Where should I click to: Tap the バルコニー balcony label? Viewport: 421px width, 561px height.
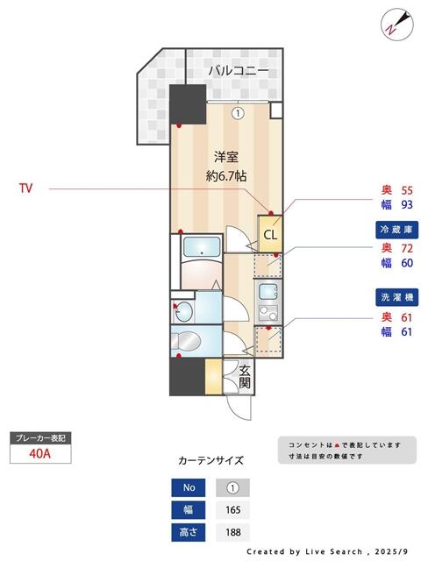(238, 70)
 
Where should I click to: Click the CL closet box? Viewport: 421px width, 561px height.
(270, 234)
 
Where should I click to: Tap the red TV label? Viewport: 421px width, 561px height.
(26, 188)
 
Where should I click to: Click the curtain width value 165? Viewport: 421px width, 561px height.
(232, 509)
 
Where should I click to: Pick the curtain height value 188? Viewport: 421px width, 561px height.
(232, 531)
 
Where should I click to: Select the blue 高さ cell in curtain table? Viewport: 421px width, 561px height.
(189, 531)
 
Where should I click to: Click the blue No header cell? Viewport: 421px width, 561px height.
(189, 487)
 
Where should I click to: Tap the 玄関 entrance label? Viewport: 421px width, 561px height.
(245, 377)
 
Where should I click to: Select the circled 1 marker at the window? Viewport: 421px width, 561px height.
(238, 112)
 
